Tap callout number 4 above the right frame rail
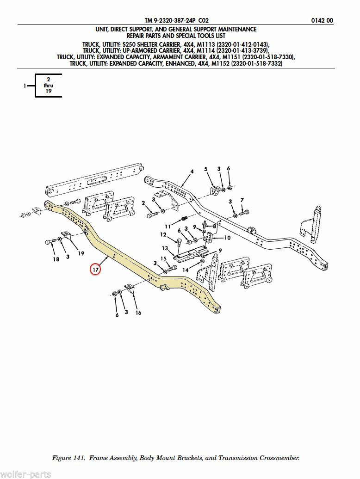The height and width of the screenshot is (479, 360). (191, 172)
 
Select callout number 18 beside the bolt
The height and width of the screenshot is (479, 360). (56, 259)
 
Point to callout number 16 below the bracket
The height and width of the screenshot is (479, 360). (138, 313)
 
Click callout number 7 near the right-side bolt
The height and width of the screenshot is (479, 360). (242, 200)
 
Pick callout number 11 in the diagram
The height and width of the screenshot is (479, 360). (168, 227)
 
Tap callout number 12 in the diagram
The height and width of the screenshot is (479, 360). (163, 235)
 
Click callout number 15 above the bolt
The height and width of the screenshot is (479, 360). (163, 258)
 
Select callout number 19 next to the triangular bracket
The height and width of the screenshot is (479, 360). (81, 253)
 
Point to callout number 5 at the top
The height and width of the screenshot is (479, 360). (206, 169)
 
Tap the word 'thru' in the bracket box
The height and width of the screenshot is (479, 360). (49, 86)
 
